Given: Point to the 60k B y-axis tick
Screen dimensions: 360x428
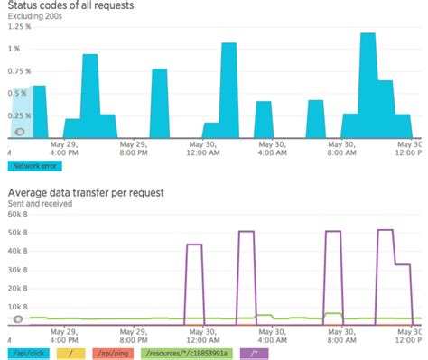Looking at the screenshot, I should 19,214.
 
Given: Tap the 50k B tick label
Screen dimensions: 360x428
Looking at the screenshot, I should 19,232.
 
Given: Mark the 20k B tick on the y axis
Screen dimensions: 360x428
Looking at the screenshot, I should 19,287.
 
